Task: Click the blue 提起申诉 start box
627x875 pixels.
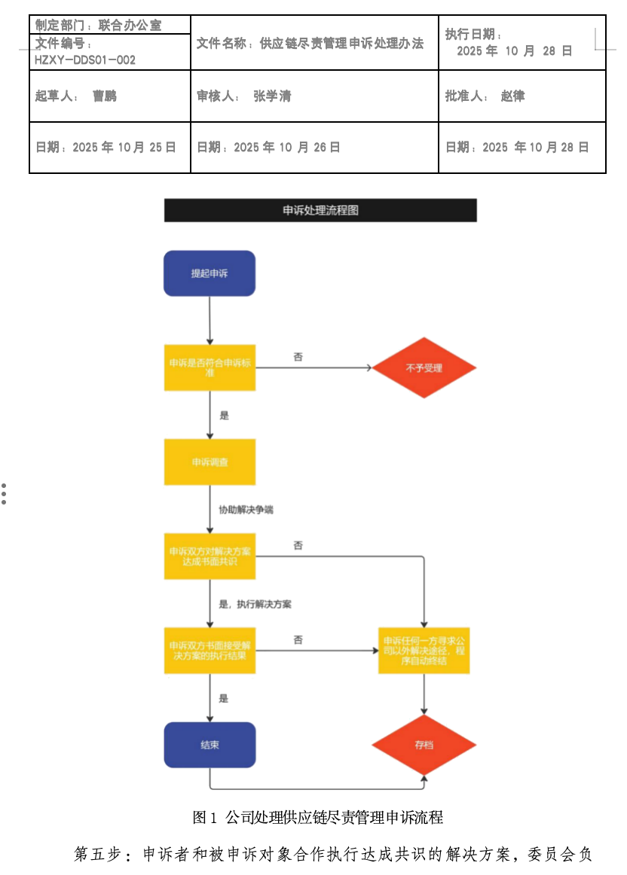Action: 210,273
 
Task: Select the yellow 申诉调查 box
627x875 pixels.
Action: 210,462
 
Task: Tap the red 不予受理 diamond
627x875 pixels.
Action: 424,368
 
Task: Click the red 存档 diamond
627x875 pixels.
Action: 424,745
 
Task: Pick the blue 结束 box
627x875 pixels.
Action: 210,745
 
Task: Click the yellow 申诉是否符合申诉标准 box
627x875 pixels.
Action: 210,367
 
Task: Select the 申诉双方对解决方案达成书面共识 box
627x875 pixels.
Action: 210,556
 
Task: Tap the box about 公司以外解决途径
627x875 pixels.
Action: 424,650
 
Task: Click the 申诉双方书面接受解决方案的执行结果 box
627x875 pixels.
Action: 210,650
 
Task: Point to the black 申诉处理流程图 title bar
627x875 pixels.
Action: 320,210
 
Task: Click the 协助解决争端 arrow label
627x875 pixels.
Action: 246,510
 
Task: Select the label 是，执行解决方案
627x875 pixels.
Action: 255,604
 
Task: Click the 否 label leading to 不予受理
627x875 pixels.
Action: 298,357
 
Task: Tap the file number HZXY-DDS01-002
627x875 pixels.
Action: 85,59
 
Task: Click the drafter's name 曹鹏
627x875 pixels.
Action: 105,96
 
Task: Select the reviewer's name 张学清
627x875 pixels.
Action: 272,96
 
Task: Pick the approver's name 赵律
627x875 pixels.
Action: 513,96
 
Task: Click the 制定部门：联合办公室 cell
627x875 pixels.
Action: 99,26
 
